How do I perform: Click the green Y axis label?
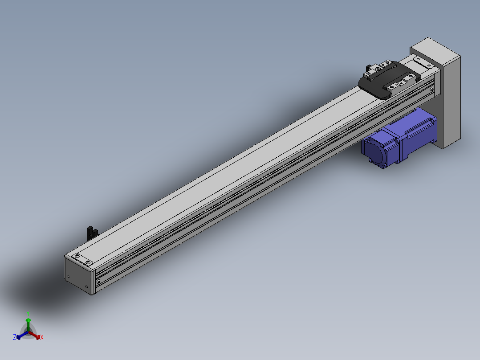(28, 313)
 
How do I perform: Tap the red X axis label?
(42, 337)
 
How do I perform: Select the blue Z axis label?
(15, 337)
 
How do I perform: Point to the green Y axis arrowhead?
(28, 320)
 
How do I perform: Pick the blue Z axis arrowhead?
(18, 337)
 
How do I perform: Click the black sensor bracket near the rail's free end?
(92, 233)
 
